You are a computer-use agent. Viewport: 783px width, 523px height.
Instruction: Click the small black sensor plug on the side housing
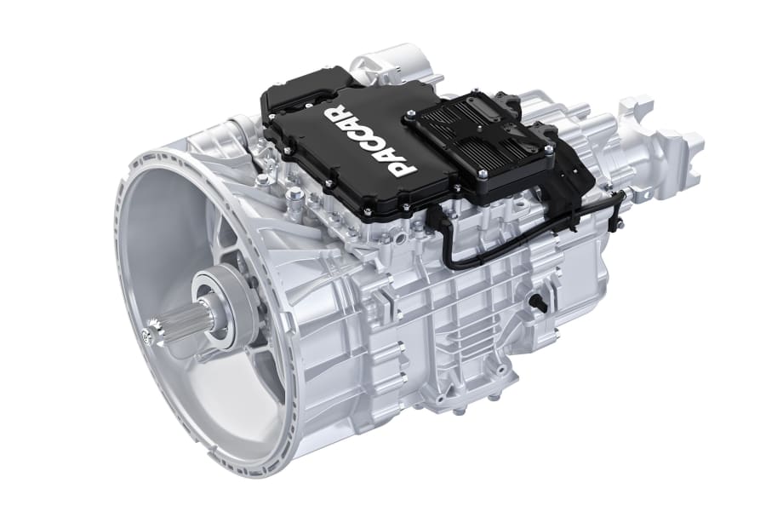537,302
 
